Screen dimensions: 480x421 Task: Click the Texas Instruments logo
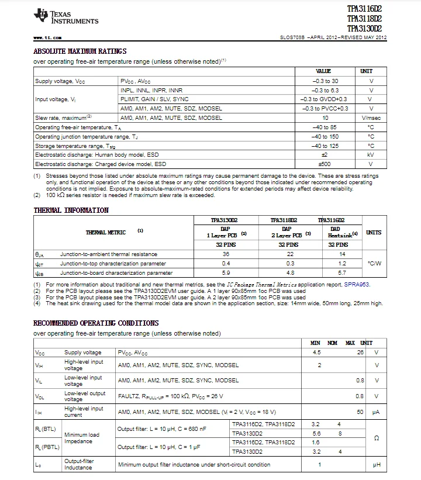click(66, 16)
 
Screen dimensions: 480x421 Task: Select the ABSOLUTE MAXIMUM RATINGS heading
click(80, 51)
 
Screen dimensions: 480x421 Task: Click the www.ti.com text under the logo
click(49, 37)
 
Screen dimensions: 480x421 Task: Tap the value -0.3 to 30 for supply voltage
click(326, 81)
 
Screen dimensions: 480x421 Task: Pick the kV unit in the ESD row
click(370, 155)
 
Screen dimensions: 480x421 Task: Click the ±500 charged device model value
click(325, 164)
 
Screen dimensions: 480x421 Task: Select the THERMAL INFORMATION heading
click(71, 210)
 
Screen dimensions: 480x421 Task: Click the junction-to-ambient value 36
click(226, 254)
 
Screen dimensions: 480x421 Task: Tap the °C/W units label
click(374, 263)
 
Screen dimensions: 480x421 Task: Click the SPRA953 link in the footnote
click(357, 285)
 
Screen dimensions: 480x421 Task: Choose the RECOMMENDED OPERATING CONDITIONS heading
click(96, 323)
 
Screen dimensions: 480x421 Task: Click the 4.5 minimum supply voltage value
click(316, 353)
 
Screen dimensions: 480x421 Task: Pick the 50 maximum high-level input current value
click(360, 413)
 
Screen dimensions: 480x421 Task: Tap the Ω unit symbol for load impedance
click(377, 438)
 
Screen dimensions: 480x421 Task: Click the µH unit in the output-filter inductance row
click(377, 465)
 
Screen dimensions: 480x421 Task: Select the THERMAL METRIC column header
click(106, 232)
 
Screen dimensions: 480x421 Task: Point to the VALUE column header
click(323, 71)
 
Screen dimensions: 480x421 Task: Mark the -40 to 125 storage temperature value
click(326, 146)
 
